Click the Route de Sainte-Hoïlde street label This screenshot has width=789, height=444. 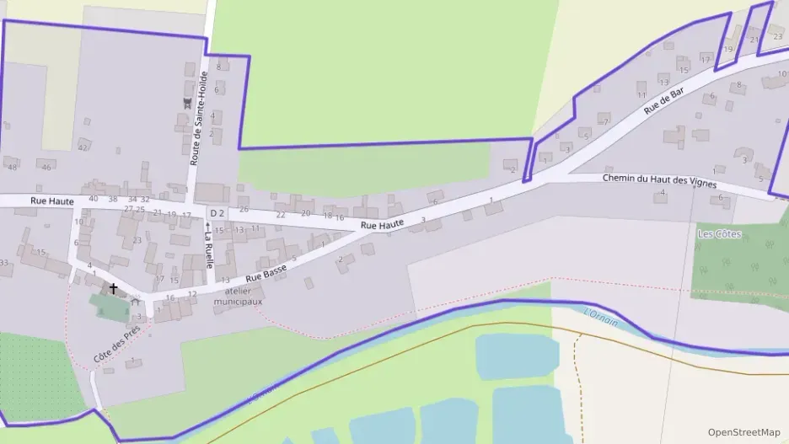[199, 118]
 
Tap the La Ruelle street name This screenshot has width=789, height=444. [208, 244]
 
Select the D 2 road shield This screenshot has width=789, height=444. [217, 212]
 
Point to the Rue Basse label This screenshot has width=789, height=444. [266, 272]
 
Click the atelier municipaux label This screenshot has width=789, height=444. [238, 296]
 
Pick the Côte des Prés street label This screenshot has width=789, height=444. [116, 346]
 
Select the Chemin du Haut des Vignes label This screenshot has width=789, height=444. [659, 179]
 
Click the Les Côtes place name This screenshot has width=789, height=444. [719, 233]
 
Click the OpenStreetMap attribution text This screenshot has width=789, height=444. [743, 432]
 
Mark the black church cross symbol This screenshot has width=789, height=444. [113, 289]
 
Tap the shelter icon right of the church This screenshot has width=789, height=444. [134, 301]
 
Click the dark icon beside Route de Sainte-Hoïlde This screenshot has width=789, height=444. [187, 103]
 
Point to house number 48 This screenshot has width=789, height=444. [12, 167]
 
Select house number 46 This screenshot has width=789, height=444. [46, 168]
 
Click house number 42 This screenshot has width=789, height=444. [83, 147]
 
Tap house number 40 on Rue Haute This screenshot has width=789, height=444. [93, 199]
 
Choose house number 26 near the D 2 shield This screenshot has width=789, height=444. [244, 209]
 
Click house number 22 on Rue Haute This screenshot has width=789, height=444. [281, 215]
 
